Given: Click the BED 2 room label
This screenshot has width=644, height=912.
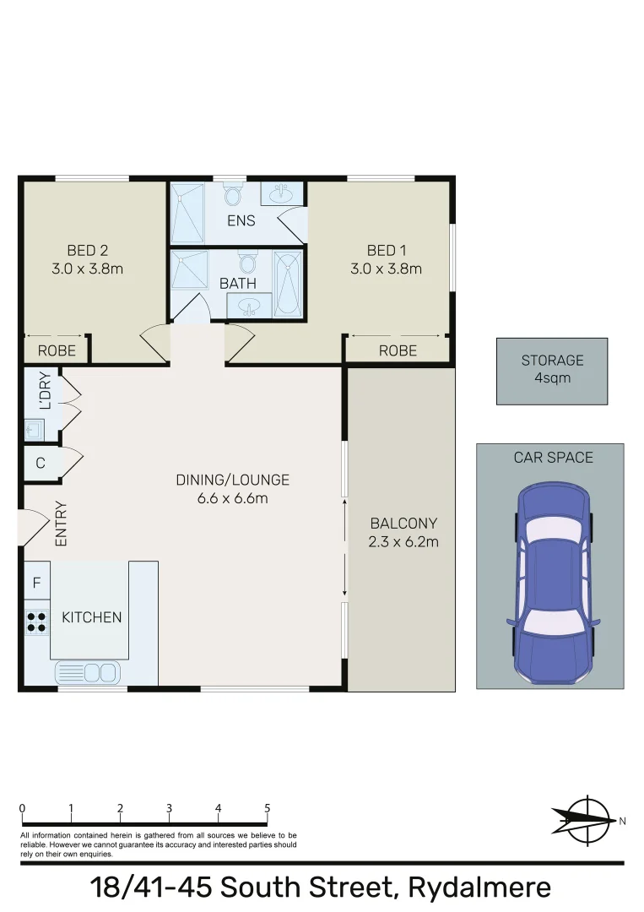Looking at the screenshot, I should pos(87,250).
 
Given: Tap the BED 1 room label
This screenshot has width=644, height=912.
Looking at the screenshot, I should pos(386,250).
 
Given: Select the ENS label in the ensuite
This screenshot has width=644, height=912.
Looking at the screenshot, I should pos(241,221).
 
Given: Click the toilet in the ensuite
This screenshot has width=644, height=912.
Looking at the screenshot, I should pos(233,195).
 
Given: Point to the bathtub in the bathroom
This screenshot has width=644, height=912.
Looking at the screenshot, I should pos(288,284).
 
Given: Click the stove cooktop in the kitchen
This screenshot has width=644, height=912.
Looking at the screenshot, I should pos(36,622).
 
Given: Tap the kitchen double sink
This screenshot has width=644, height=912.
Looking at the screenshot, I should pos(88,672).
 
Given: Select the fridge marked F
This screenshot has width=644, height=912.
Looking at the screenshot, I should pos(36,583).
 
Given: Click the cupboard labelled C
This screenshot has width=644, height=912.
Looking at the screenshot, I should pos(40,463).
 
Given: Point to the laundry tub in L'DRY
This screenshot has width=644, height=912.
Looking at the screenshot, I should pos(35,430).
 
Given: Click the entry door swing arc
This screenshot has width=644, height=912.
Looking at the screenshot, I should pos(30,529).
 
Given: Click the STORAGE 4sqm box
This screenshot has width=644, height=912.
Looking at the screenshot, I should pos(551,370).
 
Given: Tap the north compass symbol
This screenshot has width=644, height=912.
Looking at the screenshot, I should pos(587,818).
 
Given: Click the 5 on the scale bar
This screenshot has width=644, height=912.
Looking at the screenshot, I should pos(268,808).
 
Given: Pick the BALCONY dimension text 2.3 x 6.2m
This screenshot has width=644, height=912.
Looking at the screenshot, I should pos(403,542).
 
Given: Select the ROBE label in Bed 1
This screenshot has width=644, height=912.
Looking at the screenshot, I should pos(398,350).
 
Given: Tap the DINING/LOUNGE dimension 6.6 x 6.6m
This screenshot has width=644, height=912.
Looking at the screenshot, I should pos(232,498).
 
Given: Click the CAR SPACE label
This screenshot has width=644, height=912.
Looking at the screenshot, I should pos(553,458).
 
